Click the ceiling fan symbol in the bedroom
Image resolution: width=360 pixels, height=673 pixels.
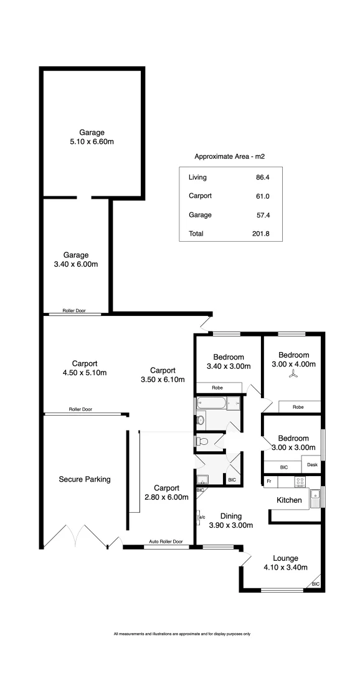(x=293, y=375)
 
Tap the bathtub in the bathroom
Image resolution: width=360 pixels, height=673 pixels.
(x=212, y=403)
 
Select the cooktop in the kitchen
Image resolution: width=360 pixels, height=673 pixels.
(x=299, y=482)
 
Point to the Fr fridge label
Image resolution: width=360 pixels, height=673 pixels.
(x=269, y=482)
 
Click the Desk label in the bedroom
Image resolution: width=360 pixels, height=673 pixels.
(x=311, y=464)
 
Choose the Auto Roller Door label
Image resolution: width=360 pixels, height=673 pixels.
(x=166, y=542)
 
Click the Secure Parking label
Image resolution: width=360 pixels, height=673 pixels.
(x=85, y=479)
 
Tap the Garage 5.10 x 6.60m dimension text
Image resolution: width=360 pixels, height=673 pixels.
(x=92, y=141)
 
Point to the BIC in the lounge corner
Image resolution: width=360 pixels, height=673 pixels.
(x=316, y=584)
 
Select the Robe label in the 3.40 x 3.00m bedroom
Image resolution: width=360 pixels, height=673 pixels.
(x=217, y=388)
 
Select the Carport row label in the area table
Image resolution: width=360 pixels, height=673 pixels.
(x=200, y=196)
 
